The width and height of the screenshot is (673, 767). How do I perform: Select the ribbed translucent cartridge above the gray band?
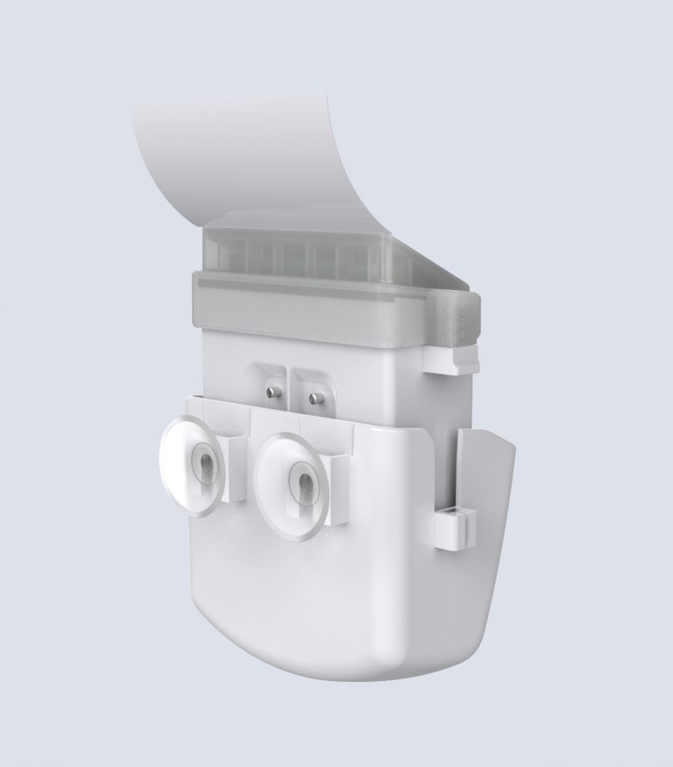(298, 255)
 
